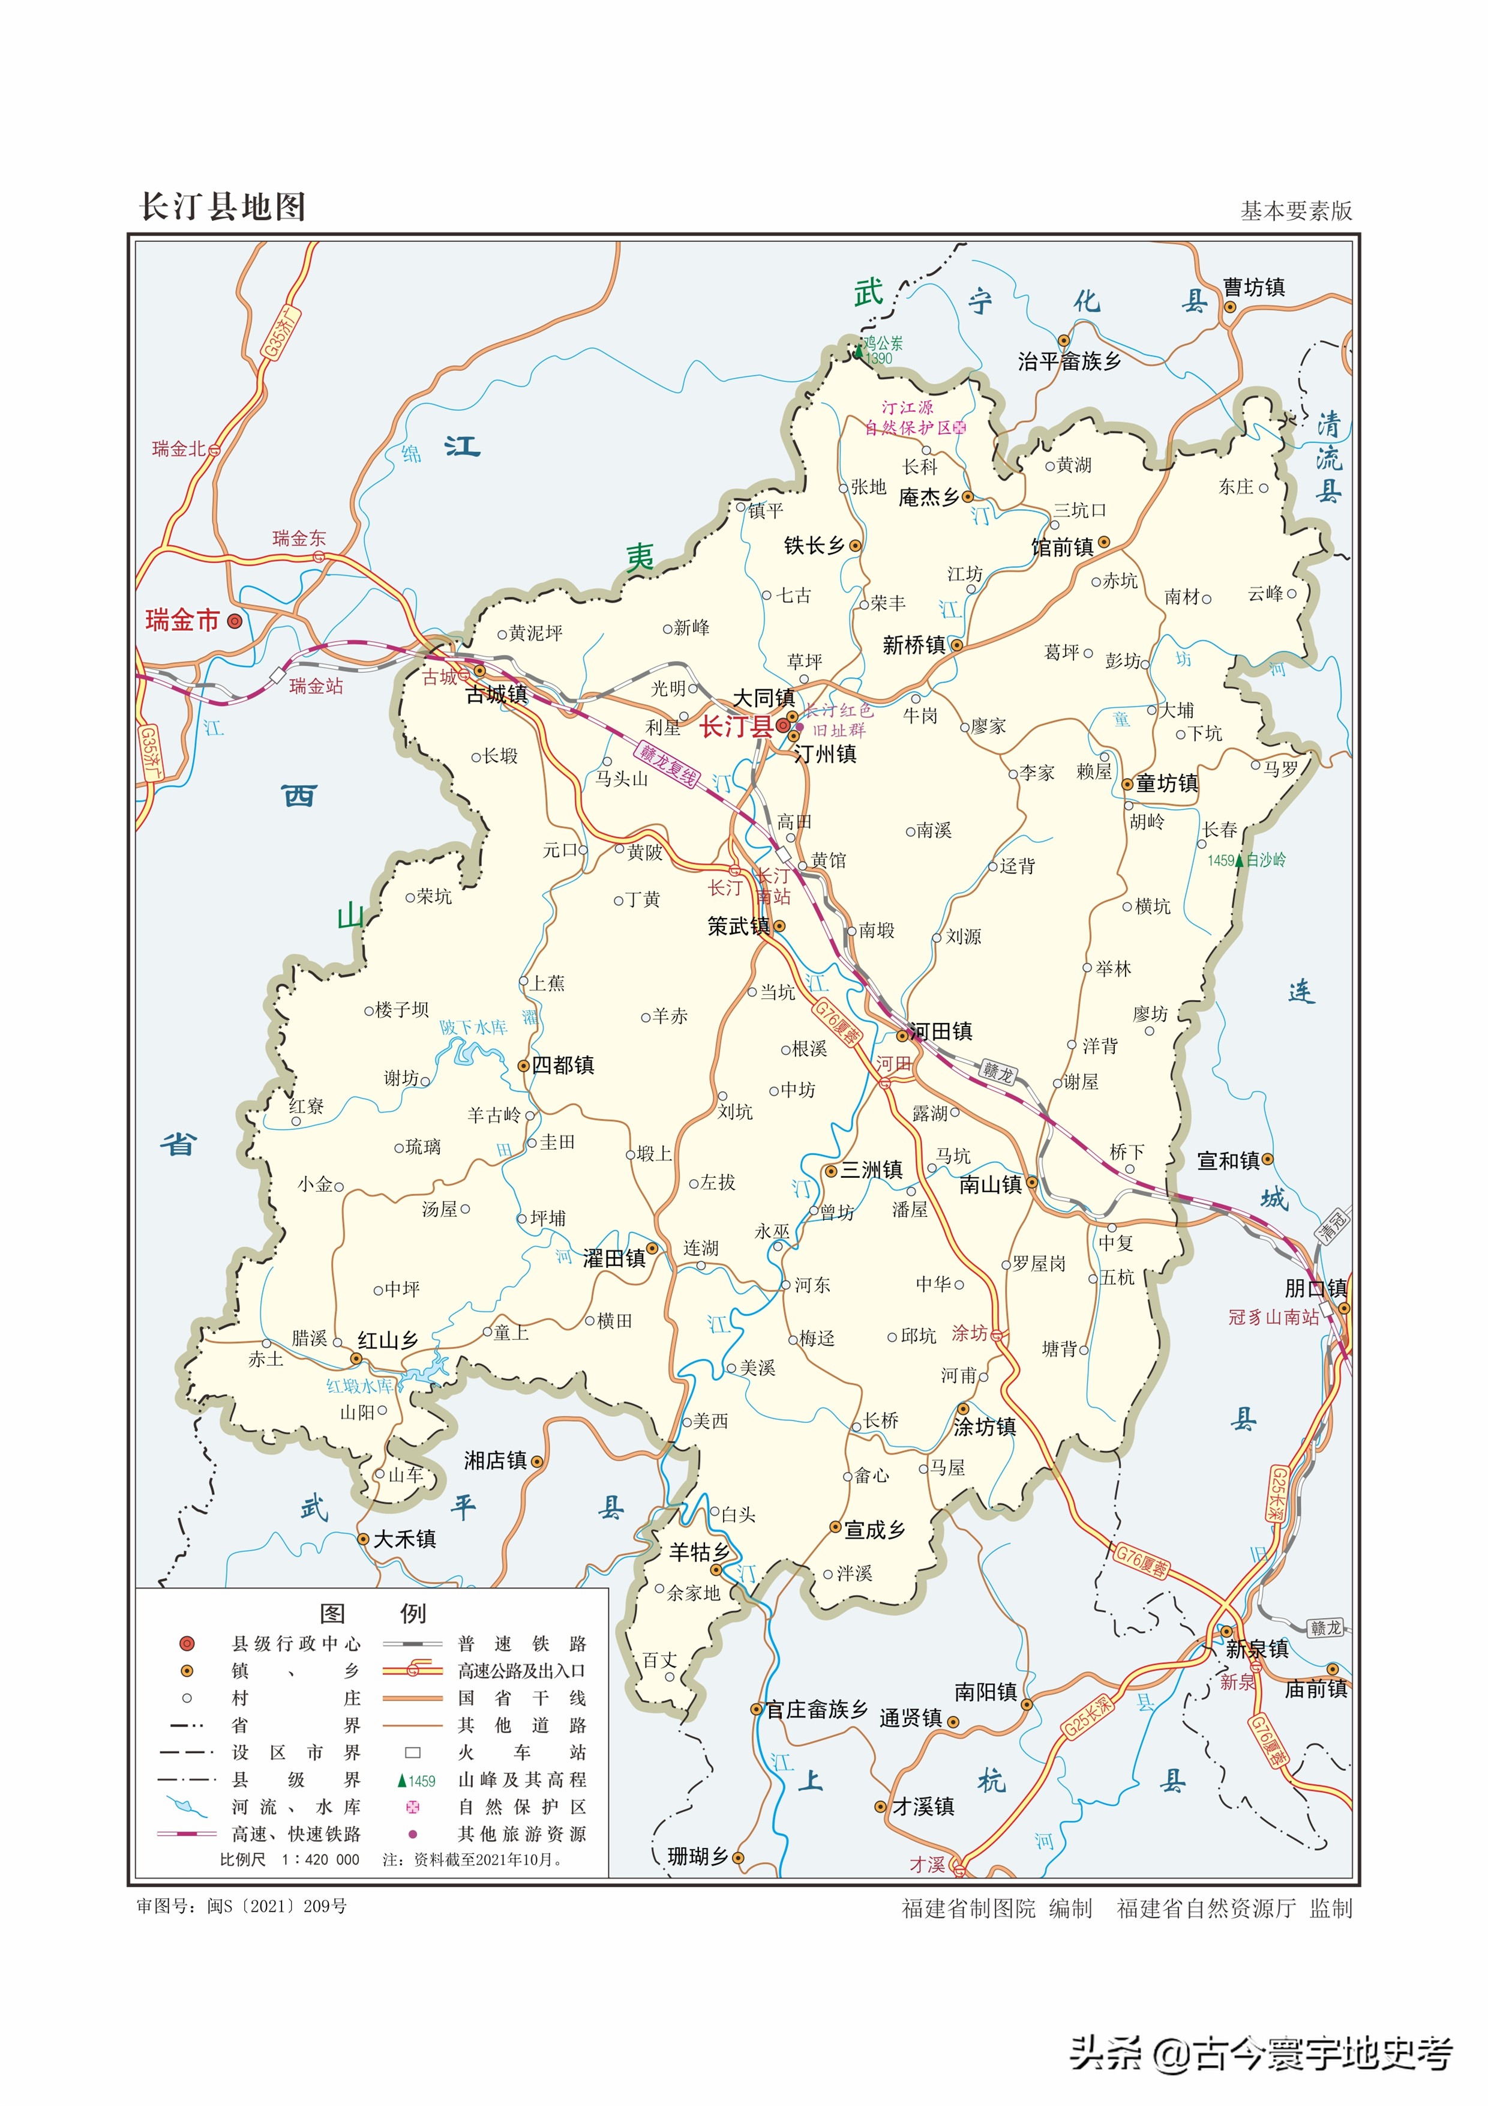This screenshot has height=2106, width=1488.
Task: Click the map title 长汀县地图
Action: pyautogui.click(x=222, y=207)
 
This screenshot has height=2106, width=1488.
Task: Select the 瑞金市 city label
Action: pyautogui.click(x=182, y=621)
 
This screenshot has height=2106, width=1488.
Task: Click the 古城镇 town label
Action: pyautogui.click(x=496, y=695)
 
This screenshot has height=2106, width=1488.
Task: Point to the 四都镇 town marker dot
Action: pyautogui.click(x=524, y=1065)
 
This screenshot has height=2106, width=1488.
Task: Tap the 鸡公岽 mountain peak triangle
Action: pyautogui.click(x=859, y=349)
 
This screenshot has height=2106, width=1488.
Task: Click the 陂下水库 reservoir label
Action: pyautogui.click(x=473, y=1027)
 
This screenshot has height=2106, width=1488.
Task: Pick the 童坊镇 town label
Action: pyautogui.click(x=1166, y=783)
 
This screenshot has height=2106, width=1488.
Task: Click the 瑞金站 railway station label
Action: pyautogui.click(x=316, y=686)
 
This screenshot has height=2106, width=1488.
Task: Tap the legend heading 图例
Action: pyautogui.click(x=371, y=1614)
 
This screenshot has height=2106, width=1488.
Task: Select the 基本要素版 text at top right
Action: pyautogui.click(x=1295, y=211)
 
